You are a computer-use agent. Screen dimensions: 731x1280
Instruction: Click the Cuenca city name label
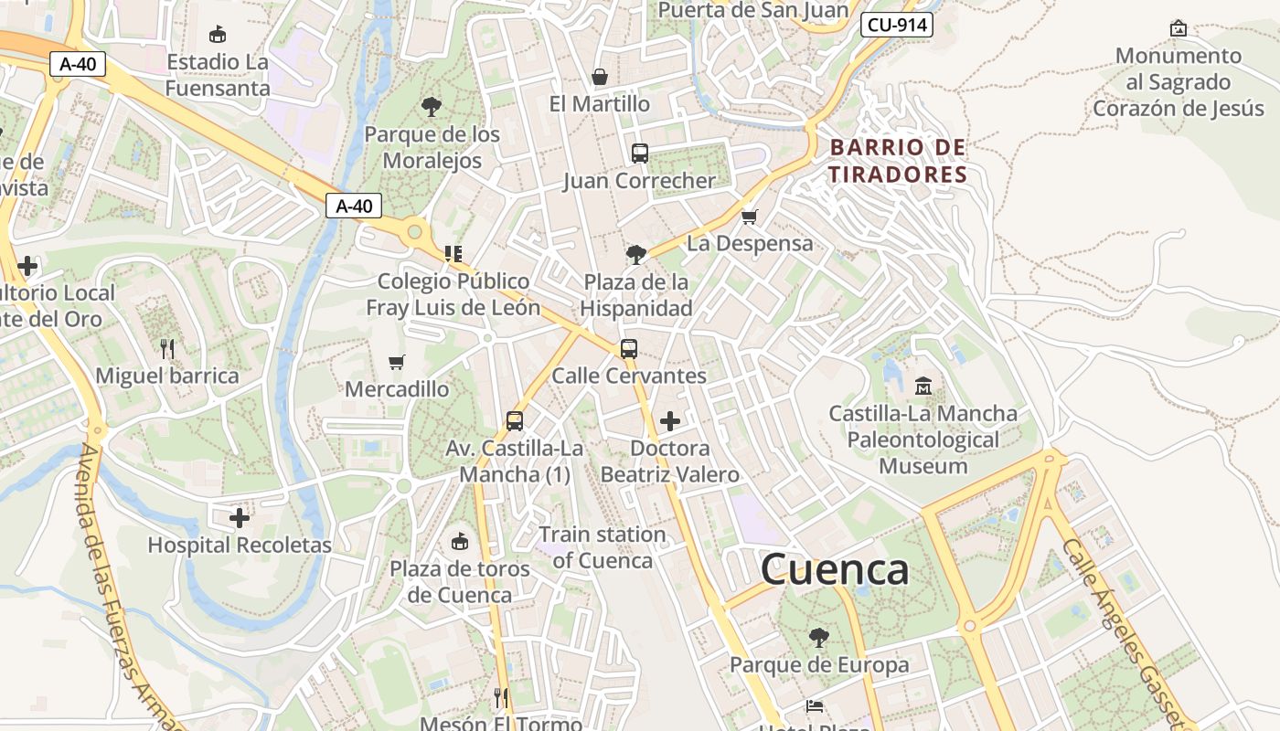click(834, 569)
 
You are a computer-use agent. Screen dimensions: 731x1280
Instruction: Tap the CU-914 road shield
click(896, 25)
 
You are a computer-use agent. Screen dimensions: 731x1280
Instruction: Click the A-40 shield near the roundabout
click(354, 207)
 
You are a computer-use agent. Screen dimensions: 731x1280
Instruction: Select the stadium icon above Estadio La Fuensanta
click(218, 35)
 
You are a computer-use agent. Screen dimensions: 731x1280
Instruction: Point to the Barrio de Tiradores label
click(898, 161)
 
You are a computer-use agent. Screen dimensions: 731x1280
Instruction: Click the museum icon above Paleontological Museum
click(923, 386)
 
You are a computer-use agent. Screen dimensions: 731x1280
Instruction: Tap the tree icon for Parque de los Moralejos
click(432, 107)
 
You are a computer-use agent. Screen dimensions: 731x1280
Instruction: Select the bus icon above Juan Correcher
click(639, 153)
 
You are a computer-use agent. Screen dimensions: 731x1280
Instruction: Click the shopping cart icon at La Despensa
click(750, 217)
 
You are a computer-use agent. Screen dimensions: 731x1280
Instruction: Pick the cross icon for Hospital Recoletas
click(240, 518)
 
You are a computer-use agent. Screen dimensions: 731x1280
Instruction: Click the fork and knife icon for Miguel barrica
click(166, 348)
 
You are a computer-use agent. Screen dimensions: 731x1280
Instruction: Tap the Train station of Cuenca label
click(603, 547)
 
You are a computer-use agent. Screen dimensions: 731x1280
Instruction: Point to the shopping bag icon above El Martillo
click(600, 77)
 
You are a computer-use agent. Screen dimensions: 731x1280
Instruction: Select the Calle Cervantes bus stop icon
click(629, 348)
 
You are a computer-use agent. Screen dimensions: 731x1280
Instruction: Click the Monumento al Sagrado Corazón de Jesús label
click(1178, 81)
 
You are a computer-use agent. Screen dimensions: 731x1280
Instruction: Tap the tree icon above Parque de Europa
click(818, 637)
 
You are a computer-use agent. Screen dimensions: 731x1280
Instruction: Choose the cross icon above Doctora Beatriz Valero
click(670, 421)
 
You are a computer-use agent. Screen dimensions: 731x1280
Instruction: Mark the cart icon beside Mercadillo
click(396, 363)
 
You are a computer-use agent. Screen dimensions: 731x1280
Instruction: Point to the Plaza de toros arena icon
click(460, 541)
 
